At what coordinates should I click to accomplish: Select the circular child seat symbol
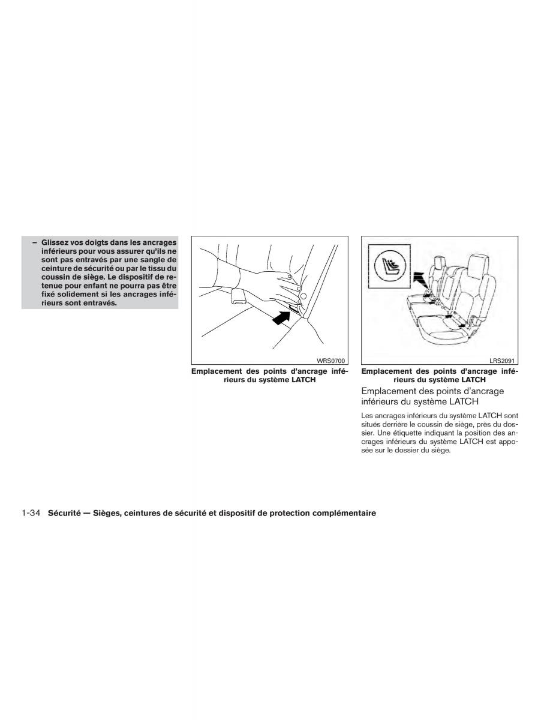[389, 265]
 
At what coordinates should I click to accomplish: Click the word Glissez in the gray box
[55, 242]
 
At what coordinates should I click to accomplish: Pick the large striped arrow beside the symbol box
[420, 281]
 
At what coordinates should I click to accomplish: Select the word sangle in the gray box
[154, 260]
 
